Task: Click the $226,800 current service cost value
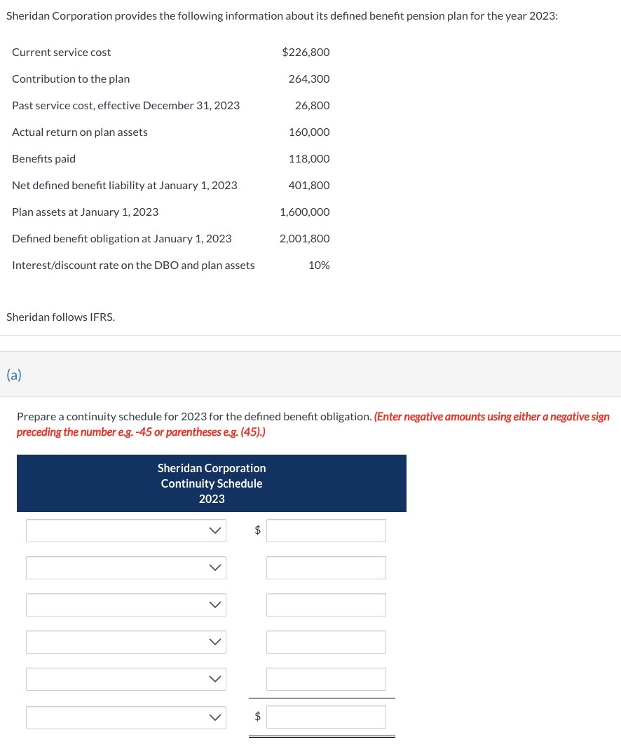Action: tap(306, 53)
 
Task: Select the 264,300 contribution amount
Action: tap(309, 79)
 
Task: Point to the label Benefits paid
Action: tap(43, 159)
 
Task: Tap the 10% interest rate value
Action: tap(319, 266)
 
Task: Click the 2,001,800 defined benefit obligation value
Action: tap(304, 239)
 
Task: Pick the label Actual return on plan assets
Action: tap(80, 132)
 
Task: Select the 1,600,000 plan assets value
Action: tap(304, 212)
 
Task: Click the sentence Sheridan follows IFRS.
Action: tap(60, 317)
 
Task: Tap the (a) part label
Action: tap(14, 375)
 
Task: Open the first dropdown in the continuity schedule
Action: tap(126, 531)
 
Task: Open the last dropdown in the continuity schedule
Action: tap(126, 717)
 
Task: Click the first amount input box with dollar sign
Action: tap(326, 531)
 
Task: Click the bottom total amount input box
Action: tap(326, 717)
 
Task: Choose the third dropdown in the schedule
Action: tap(126, 605)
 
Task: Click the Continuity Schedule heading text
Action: tap(212, 483)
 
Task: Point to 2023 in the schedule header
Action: tap(212, 499)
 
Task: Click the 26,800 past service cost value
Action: tap(312, 106)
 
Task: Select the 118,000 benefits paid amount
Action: tap(309, 159)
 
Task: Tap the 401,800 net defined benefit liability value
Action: tap(309, 186)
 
